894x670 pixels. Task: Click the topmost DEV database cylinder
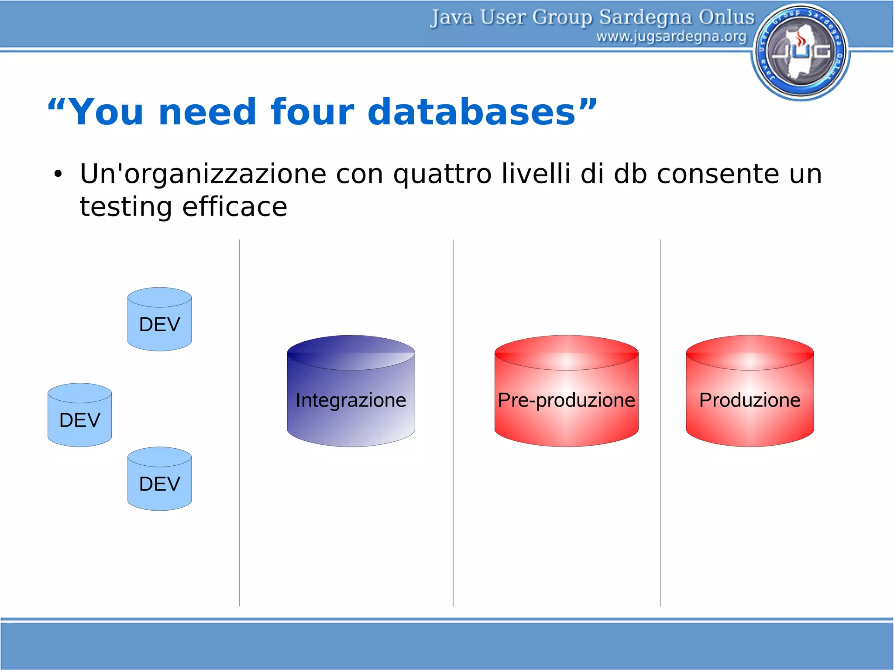[159, 320]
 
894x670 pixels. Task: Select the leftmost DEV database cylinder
[79, 415]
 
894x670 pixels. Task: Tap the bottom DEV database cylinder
[159, 479]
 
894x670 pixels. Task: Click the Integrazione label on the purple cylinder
[351, 400]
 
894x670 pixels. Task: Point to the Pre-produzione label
[566, 400]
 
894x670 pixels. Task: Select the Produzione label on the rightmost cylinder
[750, 400]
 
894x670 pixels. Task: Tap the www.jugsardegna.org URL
[671, 37]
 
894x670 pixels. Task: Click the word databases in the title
[471, 112]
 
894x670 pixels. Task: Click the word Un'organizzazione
[203, 174]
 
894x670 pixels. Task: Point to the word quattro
[442, 174]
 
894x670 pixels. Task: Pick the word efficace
[234, 207]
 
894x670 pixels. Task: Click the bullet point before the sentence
[58, 174]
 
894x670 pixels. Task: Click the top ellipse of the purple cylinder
[351, 353]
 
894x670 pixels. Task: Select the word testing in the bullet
[126, 207]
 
